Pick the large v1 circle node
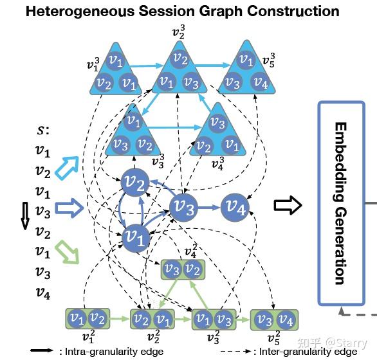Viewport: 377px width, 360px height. [136, 237]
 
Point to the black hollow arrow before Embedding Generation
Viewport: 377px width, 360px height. [286, 206]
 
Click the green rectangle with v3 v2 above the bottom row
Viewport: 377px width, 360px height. [181, 270]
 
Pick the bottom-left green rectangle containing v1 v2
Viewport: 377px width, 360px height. [87, 318]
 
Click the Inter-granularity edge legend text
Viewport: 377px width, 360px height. [308, 352]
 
